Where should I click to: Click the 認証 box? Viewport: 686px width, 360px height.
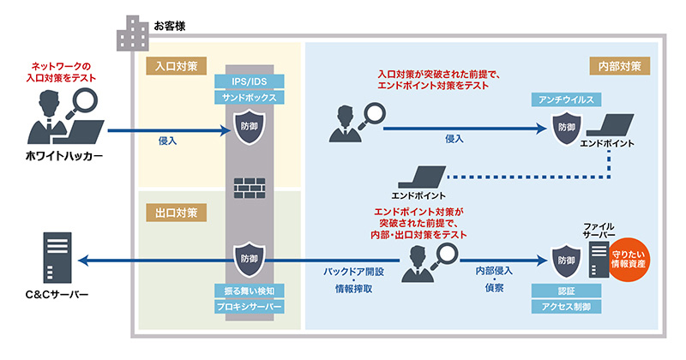point(566,290)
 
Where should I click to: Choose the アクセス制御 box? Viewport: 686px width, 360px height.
point(566,306)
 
